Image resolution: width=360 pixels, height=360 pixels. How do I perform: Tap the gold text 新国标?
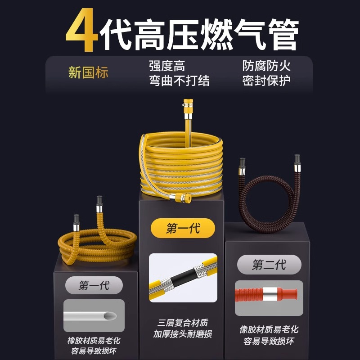tap(88, 73)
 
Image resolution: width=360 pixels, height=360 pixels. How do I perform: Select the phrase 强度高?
tap(167, 66)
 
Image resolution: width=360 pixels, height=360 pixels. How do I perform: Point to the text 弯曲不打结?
tap(179, 81)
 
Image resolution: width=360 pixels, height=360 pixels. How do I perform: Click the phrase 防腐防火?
tap(266, 66)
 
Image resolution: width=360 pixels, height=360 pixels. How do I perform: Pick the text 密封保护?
tap(266, 81)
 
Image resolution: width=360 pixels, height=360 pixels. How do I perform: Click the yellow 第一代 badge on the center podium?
tap(183, 229)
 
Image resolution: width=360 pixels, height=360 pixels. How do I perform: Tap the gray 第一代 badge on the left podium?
tap(94, 286)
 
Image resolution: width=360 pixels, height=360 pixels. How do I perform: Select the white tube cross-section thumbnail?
tap(94, 315)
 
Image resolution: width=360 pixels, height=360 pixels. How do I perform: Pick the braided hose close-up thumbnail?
tap(183, 277)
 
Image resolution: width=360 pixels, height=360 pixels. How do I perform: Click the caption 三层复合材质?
tap(183, 323)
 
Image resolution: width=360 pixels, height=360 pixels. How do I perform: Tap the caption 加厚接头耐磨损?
tap(183, 334)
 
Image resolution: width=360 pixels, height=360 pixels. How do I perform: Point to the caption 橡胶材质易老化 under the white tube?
tap(94, 341)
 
